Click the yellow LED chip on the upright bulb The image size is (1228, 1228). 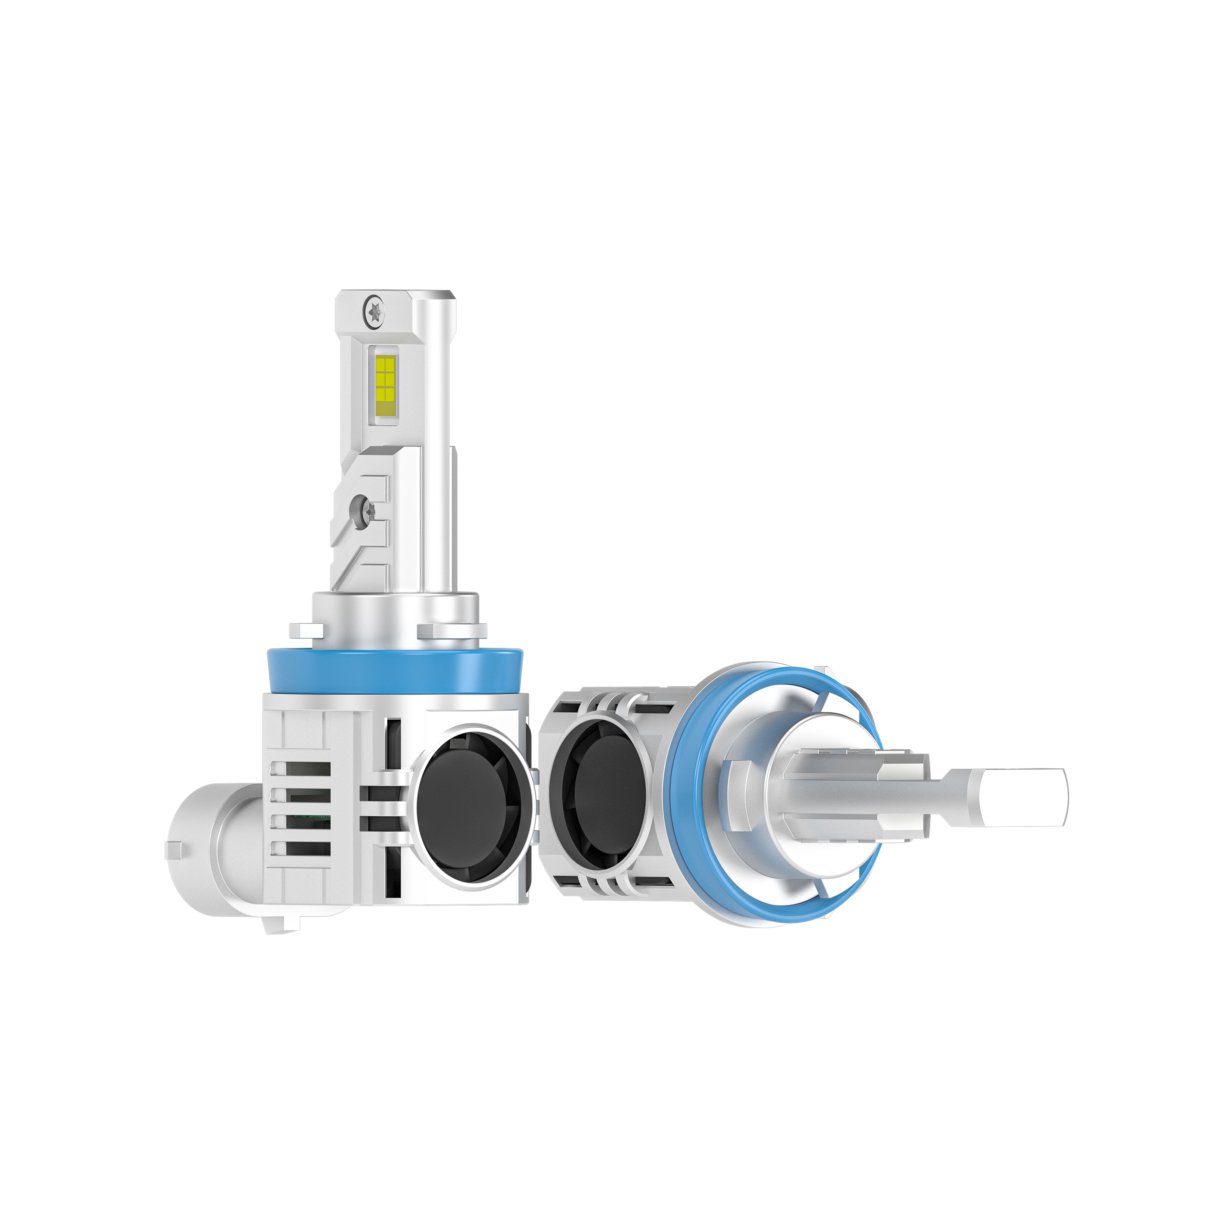point(384,379)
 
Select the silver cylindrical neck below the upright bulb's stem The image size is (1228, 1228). point(394,613)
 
